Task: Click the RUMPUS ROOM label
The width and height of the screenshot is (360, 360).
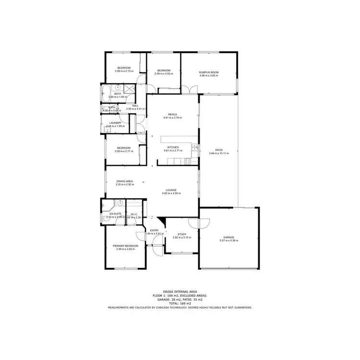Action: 209,72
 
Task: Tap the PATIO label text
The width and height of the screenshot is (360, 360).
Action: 219,150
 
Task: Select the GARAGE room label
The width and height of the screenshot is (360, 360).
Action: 228,238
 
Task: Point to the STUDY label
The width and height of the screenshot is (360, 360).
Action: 181,234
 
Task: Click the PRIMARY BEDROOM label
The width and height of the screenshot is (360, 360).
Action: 125,246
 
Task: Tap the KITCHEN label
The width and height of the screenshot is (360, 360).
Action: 173,147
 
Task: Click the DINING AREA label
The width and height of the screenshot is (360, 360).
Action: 124,181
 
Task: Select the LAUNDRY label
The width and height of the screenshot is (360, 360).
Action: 115,123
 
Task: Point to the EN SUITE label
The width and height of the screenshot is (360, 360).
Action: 115,214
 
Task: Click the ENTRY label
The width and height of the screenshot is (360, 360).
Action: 154,230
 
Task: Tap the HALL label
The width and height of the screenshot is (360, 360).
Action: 135,106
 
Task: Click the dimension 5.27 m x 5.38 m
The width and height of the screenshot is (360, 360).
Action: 228,241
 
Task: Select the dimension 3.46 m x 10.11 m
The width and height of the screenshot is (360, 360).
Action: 219,154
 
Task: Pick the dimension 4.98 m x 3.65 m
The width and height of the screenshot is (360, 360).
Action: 209,76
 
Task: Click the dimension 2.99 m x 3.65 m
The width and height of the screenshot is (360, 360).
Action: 164,74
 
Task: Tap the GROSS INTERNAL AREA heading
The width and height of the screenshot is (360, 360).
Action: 180,292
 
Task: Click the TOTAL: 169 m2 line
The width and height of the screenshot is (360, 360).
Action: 180,303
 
